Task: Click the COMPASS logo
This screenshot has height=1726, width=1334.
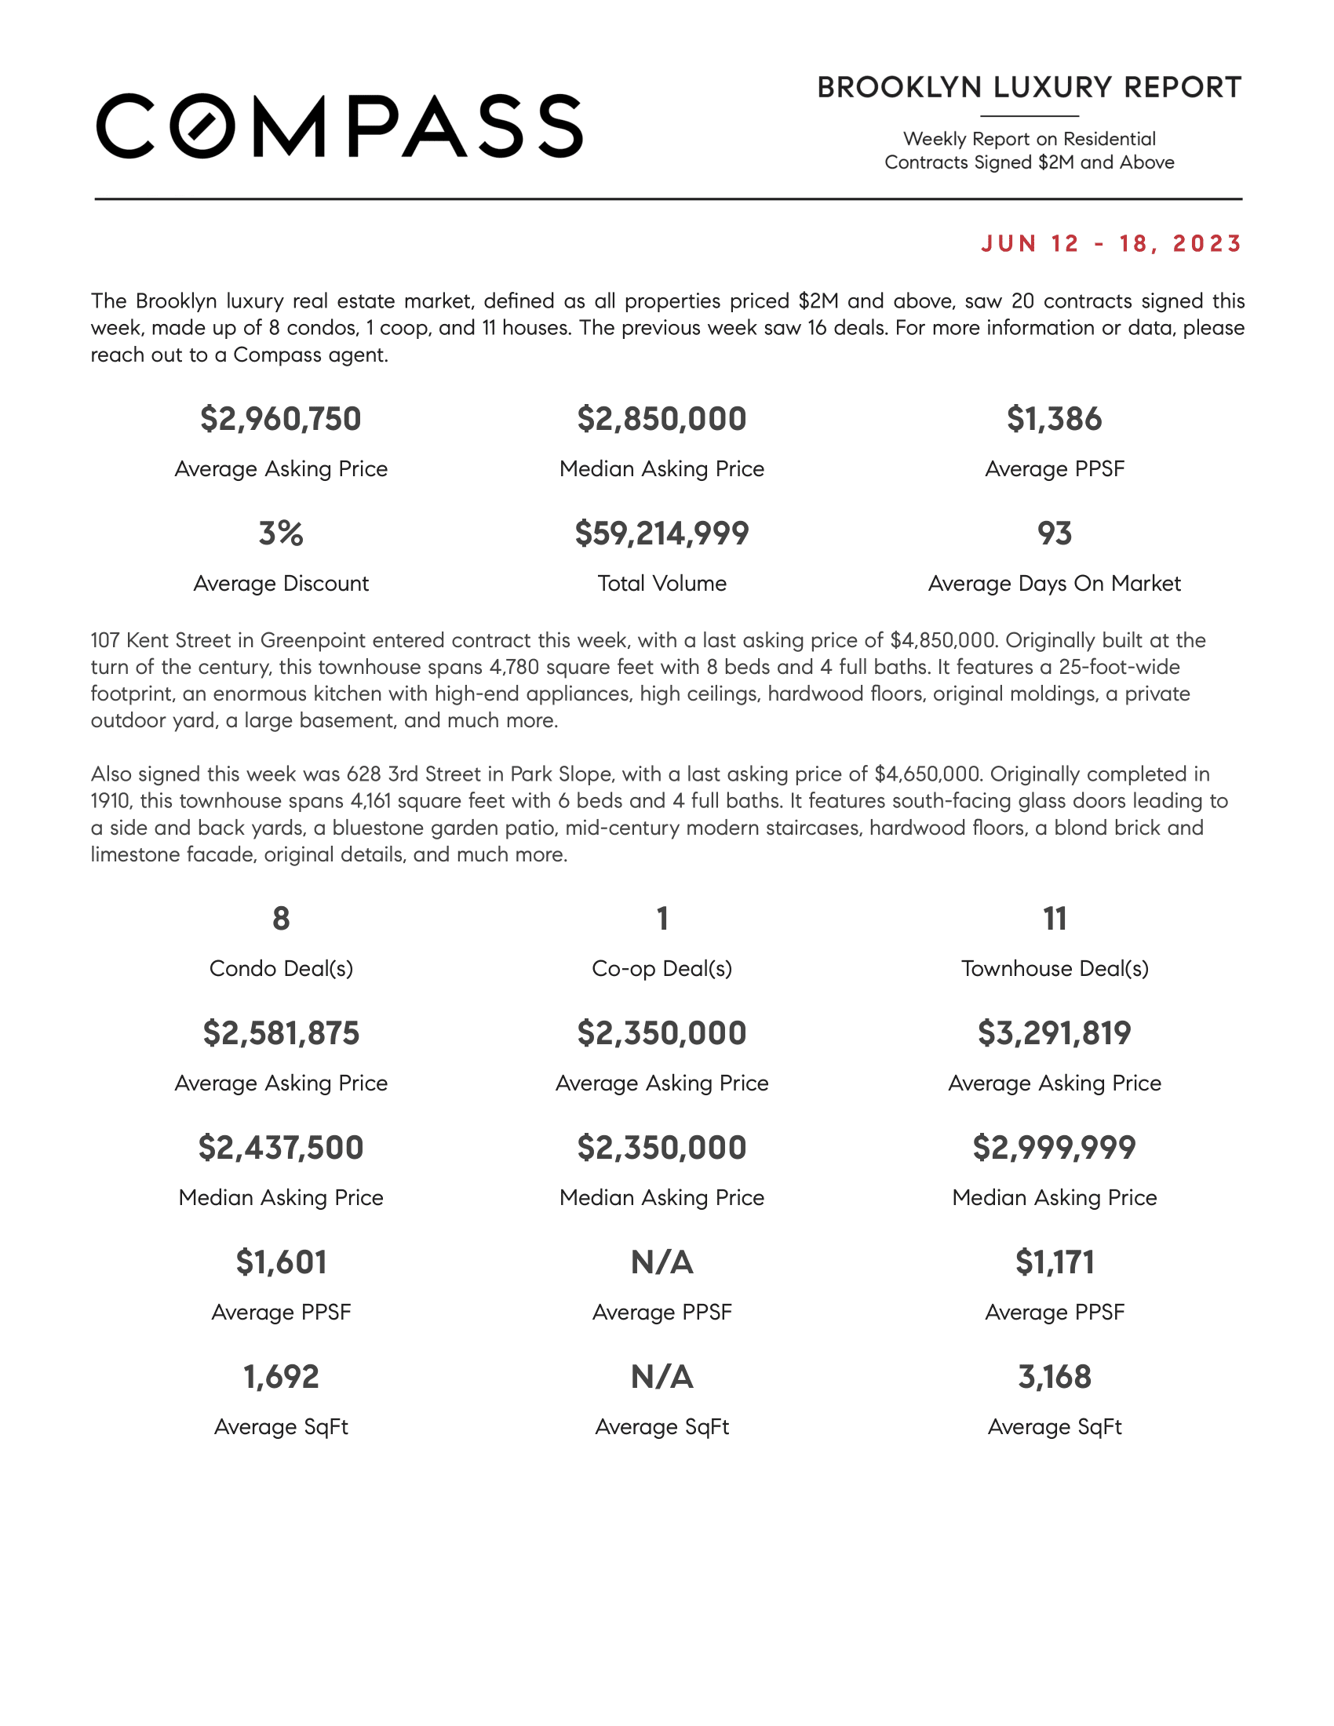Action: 339,126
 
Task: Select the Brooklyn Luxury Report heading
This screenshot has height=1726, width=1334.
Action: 1029,88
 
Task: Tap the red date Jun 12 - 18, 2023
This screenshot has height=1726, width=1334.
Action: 1111,243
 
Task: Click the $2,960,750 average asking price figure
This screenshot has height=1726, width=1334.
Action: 281,419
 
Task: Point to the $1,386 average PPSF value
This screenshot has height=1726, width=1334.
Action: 1053,419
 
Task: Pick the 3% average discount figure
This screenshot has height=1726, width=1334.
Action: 281,533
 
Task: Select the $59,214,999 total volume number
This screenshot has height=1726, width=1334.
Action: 662,533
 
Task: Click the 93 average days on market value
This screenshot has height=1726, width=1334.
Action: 1054,533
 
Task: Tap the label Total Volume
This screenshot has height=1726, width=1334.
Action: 662,583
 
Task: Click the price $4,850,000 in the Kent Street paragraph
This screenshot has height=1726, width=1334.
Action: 942,640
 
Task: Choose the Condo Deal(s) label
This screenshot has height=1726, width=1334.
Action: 281,968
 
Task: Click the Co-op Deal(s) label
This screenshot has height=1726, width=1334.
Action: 662,968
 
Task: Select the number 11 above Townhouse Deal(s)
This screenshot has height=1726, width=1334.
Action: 1054,919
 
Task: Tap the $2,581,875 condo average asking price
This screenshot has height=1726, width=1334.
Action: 281,1033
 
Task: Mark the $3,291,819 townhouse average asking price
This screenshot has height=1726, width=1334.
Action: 1054,1033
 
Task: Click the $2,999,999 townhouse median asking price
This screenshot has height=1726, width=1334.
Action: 1054,1148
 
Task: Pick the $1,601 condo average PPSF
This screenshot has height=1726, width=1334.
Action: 281,1262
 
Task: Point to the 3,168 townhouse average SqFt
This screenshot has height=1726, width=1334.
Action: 1054,1377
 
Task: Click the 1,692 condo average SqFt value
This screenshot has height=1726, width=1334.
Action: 281,1377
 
